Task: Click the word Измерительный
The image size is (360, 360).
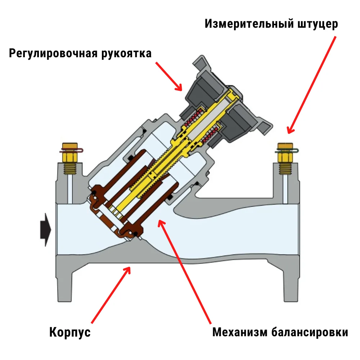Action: click(x=249, y=24)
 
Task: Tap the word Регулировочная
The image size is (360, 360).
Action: click(x=53, y=54)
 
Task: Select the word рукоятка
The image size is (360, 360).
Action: click(x=126, y=54)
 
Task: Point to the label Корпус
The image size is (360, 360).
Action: click(x=70, y=332)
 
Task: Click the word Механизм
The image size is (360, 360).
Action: click(x=240, y=332)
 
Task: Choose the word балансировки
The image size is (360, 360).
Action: click(x=310, y=332)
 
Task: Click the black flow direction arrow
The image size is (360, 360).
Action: click(x=46, y=230)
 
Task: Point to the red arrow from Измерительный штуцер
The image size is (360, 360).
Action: click(x=312, y=85)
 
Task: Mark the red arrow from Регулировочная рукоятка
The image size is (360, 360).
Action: click(x=169, y=76)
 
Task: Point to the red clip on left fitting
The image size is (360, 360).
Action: click(x=71, y=150)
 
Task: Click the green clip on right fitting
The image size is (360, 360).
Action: click(x=287, y=151)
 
